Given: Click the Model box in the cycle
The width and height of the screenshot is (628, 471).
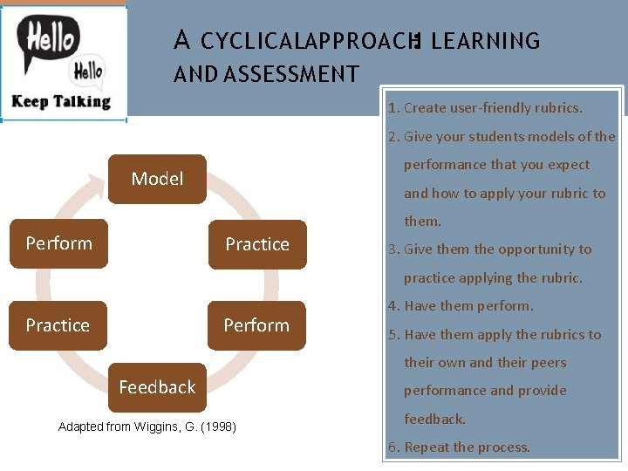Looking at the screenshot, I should (x=157, y=179).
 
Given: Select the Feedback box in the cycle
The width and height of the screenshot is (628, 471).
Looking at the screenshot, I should (x=157, y=387).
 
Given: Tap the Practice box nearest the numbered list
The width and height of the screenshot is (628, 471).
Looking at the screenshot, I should (x=256, y=244).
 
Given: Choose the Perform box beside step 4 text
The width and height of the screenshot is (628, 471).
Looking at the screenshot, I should (x=256, y=325).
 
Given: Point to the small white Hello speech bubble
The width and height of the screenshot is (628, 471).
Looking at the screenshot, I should (x=87, y=71).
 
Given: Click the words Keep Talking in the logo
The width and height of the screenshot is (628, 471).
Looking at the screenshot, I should (x=61, y=101).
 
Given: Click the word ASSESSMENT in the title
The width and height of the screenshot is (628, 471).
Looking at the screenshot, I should (x=291, y=74).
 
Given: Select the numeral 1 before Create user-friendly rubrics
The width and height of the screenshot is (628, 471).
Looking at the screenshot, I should (x=392, y=108).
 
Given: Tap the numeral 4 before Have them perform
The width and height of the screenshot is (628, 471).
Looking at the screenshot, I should (x=392, y=306).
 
